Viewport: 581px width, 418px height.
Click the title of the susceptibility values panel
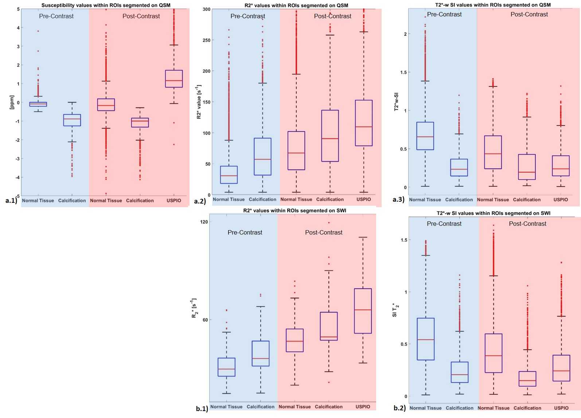point(106,5)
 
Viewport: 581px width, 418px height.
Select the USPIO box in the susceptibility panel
point(174,79)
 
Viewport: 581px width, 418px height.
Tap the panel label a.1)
point(11,200)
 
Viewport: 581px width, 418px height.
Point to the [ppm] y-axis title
point(12,102)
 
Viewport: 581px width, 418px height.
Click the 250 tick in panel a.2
point(207,40)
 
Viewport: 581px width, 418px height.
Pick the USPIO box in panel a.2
point(364,123)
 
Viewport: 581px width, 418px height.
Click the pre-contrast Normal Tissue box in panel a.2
point(229,175)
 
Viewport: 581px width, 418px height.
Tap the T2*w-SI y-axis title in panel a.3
point(397,102)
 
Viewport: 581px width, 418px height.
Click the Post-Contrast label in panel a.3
point(529,14)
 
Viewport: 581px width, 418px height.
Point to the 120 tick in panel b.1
point(204,222)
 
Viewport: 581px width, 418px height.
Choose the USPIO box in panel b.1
point(363,311)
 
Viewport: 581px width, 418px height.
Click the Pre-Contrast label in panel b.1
point(245,232)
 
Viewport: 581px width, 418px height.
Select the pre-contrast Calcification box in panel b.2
point(460,372)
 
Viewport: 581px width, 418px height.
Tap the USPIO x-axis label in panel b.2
point(561,408)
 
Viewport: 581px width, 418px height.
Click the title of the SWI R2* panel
point(295,210)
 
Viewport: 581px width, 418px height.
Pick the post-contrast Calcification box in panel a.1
point(140,123)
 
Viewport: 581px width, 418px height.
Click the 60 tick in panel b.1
point(205,320)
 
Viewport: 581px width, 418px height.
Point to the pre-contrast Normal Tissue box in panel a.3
point(425,136)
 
